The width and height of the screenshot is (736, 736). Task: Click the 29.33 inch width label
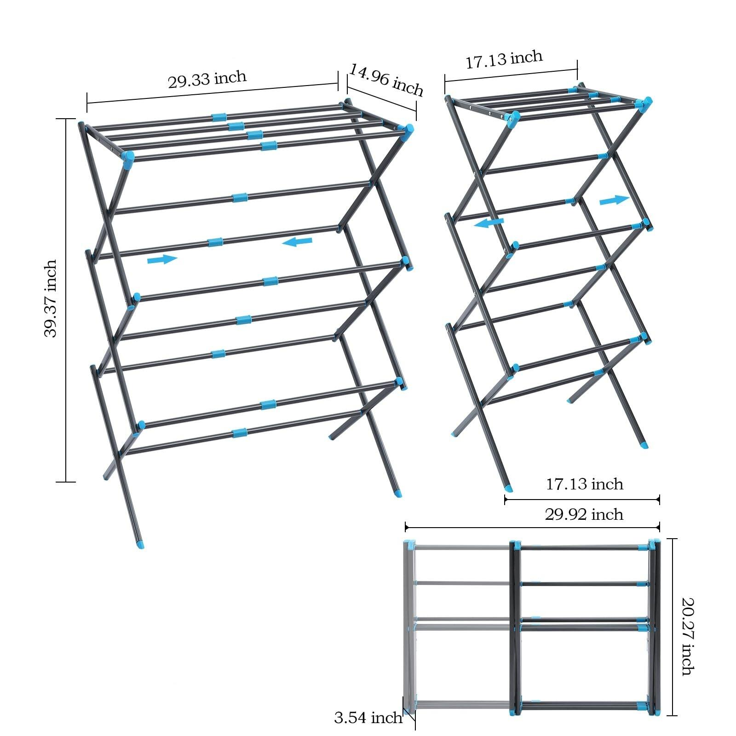point(207,79)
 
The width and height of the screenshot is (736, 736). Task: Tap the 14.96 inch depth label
point(386,80)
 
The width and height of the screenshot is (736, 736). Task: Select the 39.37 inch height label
point(51,299)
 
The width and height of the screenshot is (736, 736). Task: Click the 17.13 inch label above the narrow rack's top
point(505,59)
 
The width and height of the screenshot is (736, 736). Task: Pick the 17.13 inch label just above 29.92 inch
point(585,484)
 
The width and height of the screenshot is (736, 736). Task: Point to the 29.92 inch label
point(584,514)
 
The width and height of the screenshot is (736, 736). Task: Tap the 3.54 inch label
point(368,718)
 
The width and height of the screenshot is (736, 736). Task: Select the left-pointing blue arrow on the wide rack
point(297,241)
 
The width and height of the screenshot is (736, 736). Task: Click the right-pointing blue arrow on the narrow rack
point(614,200)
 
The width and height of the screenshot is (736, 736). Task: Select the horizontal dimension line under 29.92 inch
point(532,528)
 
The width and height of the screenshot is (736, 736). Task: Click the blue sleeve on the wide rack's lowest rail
point(239,433)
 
